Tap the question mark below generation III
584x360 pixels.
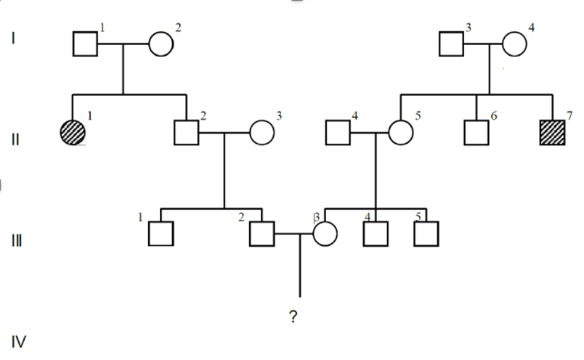point(293,316)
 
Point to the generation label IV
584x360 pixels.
point(18,340)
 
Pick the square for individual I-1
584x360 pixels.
point(86,44)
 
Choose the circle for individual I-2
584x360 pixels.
point(161,44)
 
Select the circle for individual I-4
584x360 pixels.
point(514,44)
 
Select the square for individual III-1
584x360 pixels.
point(161,234)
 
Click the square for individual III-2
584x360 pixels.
point(261,234)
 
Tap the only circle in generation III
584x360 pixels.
point(325,234)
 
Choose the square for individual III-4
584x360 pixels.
point(376,234)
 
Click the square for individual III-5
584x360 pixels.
point(426,234)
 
